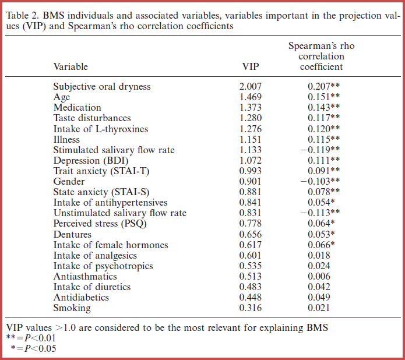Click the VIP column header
tap(251, 67)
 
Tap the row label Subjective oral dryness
tap(102, 87)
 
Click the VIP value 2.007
tap(251, 87)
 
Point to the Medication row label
tap(77, 108)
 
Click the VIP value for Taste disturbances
tap(251, 118)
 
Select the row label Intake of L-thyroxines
tap(101, 129)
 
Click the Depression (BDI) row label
tap(90, 160)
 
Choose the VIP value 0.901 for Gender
tap(251, 181)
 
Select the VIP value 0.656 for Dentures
tap(251, 234)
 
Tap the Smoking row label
tap(72, 308)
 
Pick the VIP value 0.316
tap(251, 308)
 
